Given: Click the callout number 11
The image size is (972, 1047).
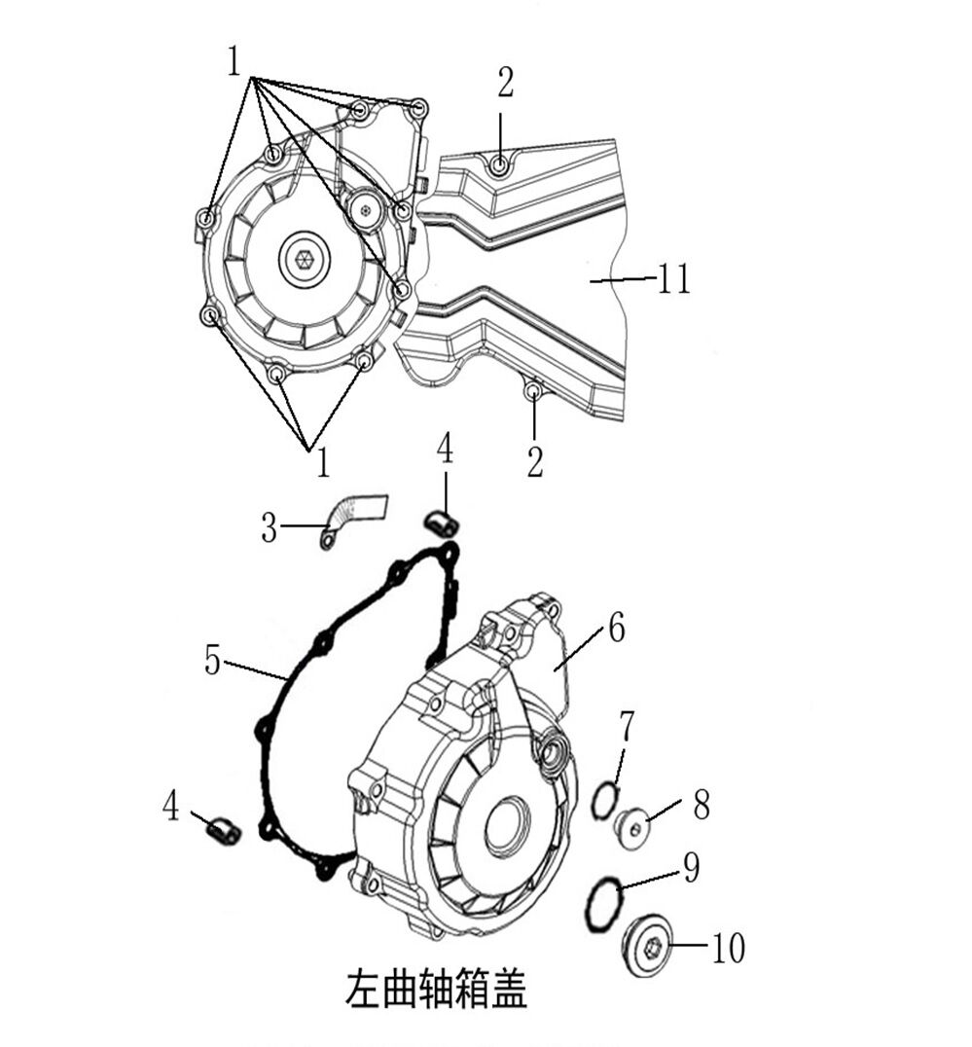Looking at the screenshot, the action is click(673, 278).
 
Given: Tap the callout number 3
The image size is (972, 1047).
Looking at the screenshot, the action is click(270, 528).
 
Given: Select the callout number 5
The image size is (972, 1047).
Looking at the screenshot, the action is click(212, 661).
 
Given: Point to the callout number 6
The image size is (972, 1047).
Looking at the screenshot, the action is click(616, 629).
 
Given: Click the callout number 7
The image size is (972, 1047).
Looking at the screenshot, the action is click(627, 728).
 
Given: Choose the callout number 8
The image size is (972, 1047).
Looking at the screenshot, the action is click(701, 805).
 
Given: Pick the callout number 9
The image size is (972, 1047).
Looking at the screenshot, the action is click(692, 867).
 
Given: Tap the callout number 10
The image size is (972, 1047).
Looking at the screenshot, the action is click(729, 948).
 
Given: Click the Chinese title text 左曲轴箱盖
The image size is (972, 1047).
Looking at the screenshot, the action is click(436, 989).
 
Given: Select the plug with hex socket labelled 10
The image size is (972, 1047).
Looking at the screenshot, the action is click(649, 947).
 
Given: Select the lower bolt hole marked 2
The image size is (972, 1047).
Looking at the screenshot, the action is click(533, 390).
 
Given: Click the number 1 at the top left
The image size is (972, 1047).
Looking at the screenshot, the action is click(233, 63).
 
